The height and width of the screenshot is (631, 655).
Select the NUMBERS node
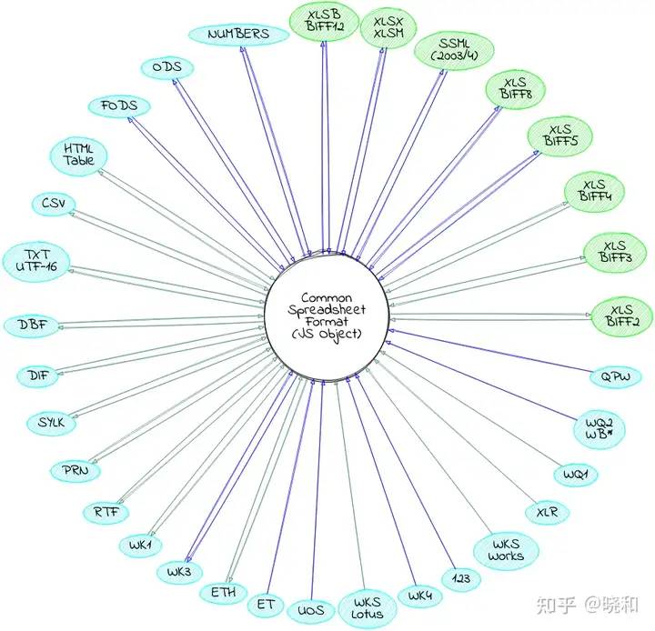click(x=238, y=35)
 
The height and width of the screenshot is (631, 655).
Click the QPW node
click(x=609, y=376)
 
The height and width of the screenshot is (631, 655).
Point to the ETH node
click(x=223, y=590)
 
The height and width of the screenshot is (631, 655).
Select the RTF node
click(x=106, y=512)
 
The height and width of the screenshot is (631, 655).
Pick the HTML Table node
click(x=78, y=155)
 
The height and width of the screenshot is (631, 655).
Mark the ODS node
click(x=166, y=67)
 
